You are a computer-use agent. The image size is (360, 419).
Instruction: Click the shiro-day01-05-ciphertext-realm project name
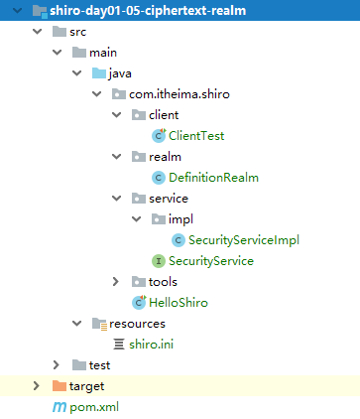coord(148,11)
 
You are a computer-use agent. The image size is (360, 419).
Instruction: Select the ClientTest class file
coord(196,136)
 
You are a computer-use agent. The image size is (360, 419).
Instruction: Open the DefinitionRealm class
coord(213,178)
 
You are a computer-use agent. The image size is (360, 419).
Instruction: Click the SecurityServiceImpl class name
coord(244,240)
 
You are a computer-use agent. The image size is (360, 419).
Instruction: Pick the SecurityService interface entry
coord(211,261)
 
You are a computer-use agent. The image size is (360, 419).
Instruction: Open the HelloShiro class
coord(179,303)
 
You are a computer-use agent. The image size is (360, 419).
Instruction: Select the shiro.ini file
coord(151,345)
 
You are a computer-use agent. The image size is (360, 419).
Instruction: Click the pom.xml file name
coord(94,407)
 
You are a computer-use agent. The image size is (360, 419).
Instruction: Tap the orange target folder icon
coord(60,386)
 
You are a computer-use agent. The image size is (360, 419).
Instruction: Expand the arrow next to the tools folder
coord(116,282)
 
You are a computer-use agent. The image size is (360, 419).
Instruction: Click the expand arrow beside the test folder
coord(57,365)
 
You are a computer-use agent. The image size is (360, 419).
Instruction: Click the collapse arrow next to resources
coord(77,324)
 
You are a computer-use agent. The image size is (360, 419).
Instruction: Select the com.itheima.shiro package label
coord(180,94)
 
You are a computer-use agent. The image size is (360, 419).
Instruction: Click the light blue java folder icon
coord(99,73)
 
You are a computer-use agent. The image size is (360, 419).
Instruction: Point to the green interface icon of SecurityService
coord(159,261)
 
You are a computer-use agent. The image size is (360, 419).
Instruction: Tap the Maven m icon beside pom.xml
coord(60,407)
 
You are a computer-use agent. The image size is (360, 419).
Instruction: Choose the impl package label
coord(180,219)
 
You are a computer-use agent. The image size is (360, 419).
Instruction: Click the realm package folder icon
coord(139,157)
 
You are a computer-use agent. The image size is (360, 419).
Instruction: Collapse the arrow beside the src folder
coord(38,32)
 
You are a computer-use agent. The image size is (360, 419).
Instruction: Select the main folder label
coord(103,53)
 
